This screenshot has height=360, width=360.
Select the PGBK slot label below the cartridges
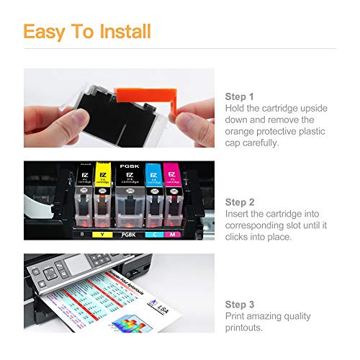click(x=127, y=234)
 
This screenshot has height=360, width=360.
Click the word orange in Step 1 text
click(x=241, y=131)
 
